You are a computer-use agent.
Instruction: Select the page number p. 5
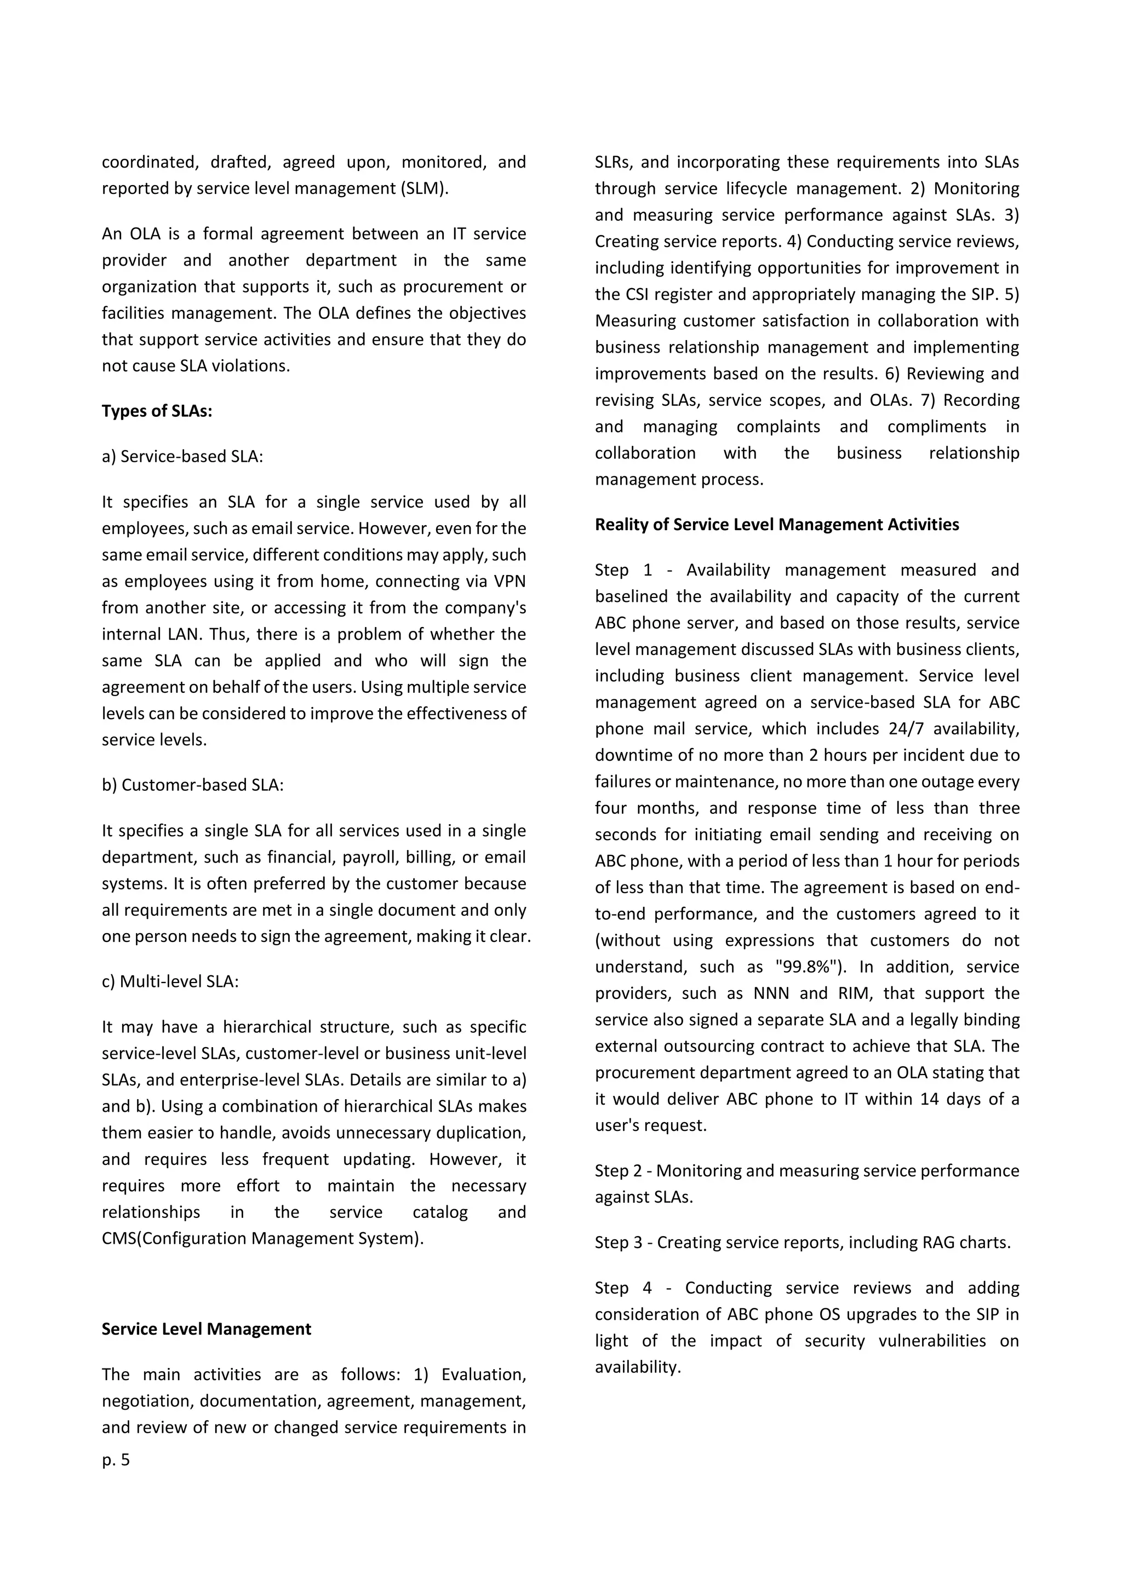pyautogui.click(x=116, y=1459)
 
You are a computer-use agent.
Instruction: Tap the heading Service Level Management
pyautogui.click(x=206, y=1329)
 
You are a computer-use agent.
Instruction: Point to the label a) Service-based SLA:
pyautogui.click(x=182, y=457)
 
